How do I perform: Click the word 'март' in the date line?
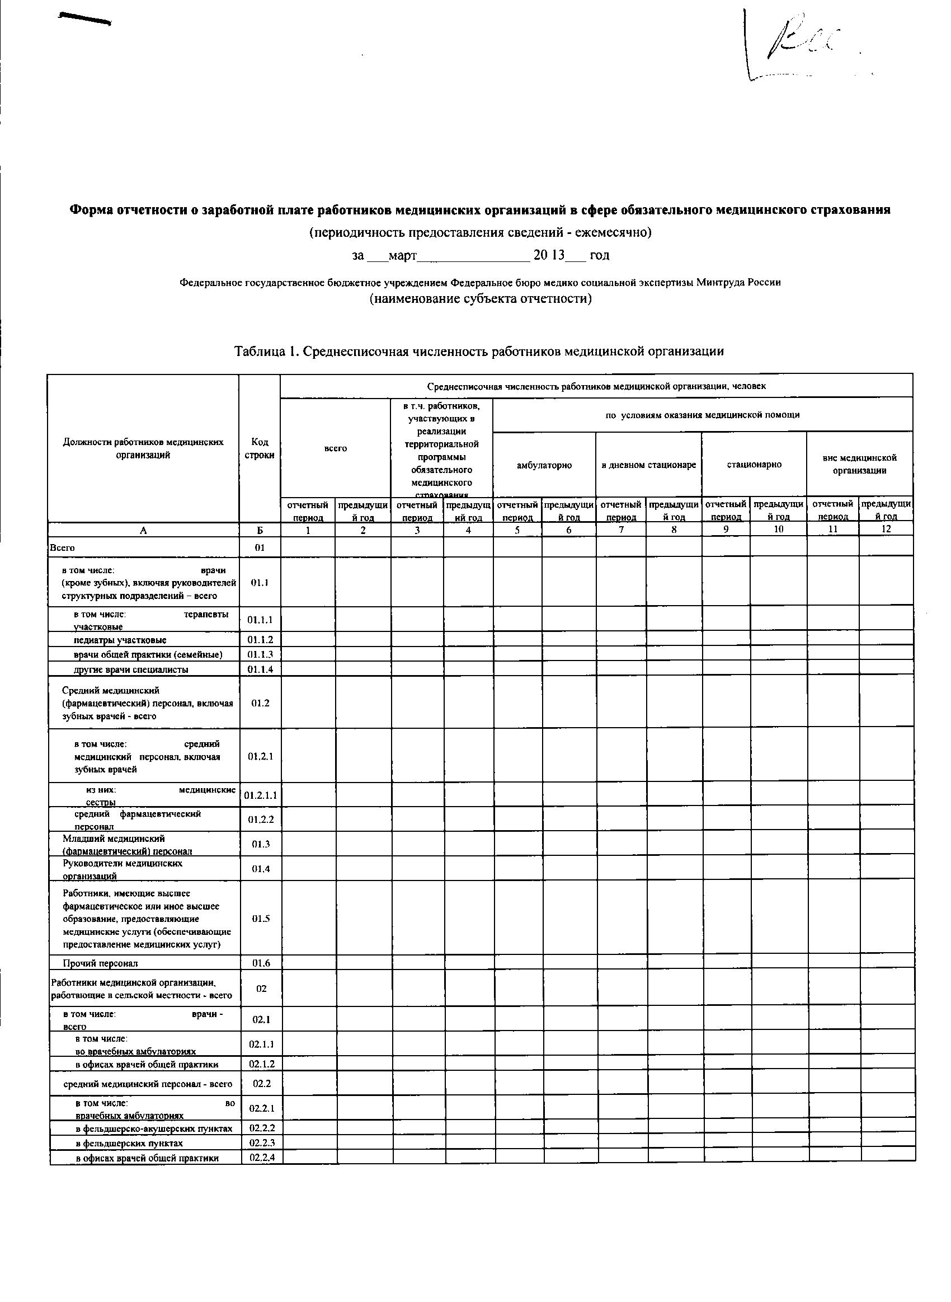[402, 255]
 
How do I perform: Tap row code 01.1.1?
[260, 620]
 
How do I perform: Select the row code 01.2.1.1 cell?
[260, 796]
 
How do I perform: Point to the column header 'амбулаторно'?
[544, 465]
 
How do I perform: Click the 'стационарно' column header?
[754, 464]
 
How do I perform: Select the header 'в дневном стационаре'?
[649, 465]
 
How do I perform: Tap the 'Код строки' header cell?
[260, 448]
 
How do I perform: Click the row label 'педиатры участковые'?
[120, 640]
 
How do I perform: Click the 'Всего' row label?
[63, 547]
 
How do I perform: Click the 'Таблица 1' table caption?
[478, 352]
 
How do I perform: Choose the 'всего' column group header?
[336, 448]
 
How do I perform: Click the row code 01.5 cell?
[261, 919]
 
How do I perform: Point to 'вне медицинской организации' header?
[859, 464]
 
